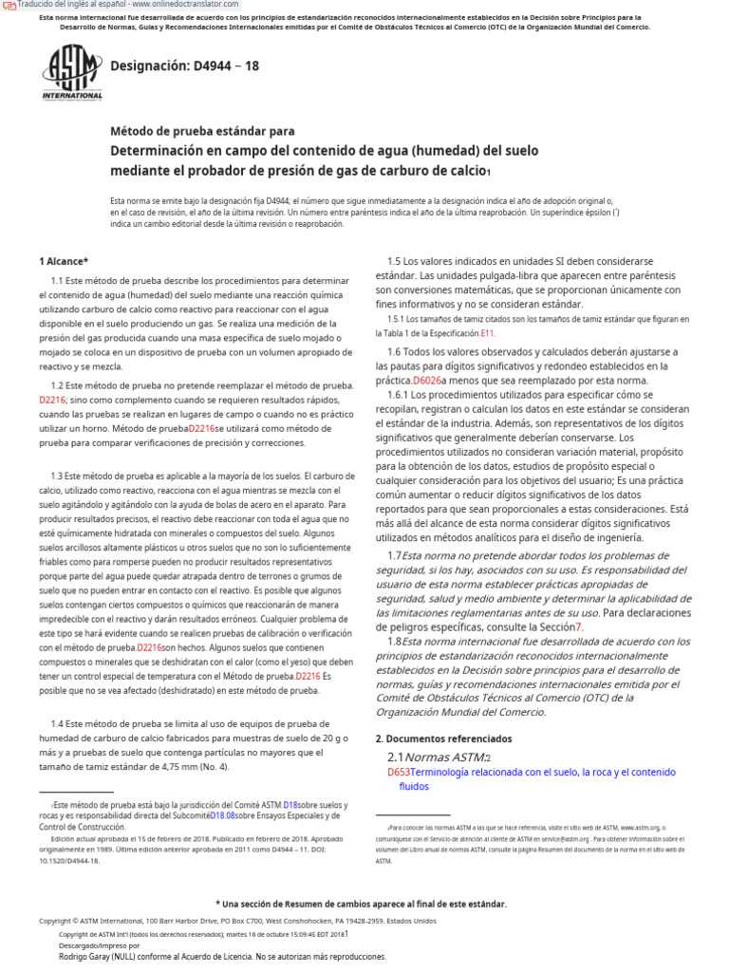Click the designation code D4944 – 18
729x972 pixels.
184,66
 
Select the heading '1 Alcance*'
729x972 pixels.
64,261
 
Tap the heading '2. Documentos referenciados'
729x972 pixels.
443,738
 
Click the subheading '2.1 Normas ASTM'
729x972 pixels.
439,757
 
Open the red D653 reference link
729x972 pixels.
399,773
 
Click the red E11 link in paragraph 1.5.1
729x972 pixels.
487,333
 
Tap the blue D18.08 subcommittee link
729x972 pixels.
222,815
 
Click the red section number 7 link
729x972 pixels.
579,626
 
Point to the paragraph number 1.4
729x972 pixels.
59,724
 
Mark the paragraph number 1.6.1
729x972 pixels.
402,394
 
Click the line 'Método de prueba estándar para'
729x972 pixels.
202,131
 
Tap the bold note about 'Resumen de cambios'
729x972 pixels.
361,904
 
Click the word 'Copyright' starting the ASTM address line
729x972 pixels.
54,921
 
